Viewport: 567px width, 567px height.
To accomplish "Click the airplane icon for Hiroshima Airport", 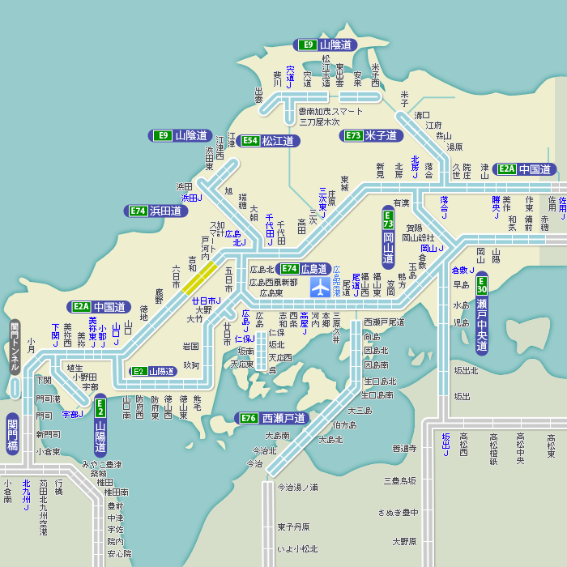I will click(322, 287).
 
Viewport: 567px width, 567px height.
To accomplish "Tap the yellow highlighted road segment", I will click(198, 278).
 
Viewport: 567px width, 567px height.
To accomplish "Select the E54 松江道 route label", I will click(267, 141).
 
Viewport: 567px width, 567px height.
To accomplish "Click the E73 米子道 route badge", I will click(372, 135).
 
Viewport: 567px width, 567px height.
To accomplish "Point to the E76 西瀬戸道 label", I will click(273, 418).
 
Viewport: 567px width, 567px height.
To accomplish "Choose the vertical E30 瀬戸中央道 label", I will click(481, 317).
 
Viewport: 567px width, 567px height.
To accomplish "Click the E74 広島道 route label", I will click(305, 269).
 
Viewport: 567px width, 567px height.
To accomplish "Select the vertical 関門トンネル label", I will click(14, 347).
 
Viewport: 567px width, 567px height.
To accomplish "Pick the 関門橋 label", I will click(12, 433).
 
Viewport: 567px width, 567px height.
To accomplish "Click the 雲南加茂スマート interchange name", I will click(330, 111).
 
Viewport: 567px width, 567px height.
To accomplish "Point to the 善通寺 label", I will click(404, 448).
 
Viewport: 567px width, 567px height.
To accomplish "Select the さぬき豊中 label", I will click(398, 512).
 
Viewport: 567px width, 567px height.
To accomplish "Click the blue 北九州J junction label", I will click(27, 495).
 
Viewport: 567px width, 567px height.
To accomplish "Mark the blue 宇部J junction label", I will click(73, 414).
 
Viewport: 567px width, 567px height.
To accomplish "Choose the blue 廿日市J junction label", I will click(207, 301).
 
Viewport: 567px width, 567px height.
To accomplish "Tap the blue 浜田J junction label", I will click(190, 198).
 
